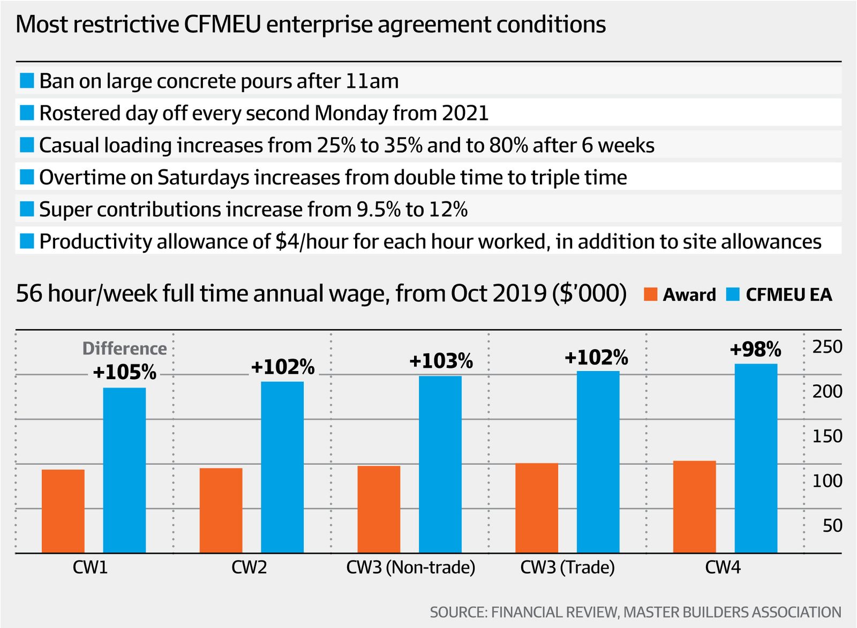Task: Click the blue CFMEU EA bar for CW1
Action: coord(124,470)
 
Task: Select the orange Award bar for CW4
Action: coord(694,506)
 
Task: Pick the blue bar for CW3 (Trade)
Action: coord(598,461)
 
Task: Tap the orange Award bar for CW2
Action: coord(221,510)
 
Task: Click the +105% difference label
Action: coord(125,372)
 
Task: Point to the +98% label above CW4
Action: coord(755,350)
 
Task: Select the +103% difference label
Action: coord(441,361)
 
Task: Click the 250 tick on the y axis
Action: coord(828,347)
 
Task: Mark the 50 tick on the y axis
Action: coord(832,526)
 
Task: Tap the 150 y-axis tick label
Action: coord(828,436)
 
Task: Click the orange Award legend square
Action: coord(650,294)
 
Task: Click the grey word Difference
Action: coord(124,349)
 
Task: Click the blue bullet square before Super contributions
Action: coord(26,209)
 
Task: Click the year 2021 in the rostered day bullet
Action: coord(465,114)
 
